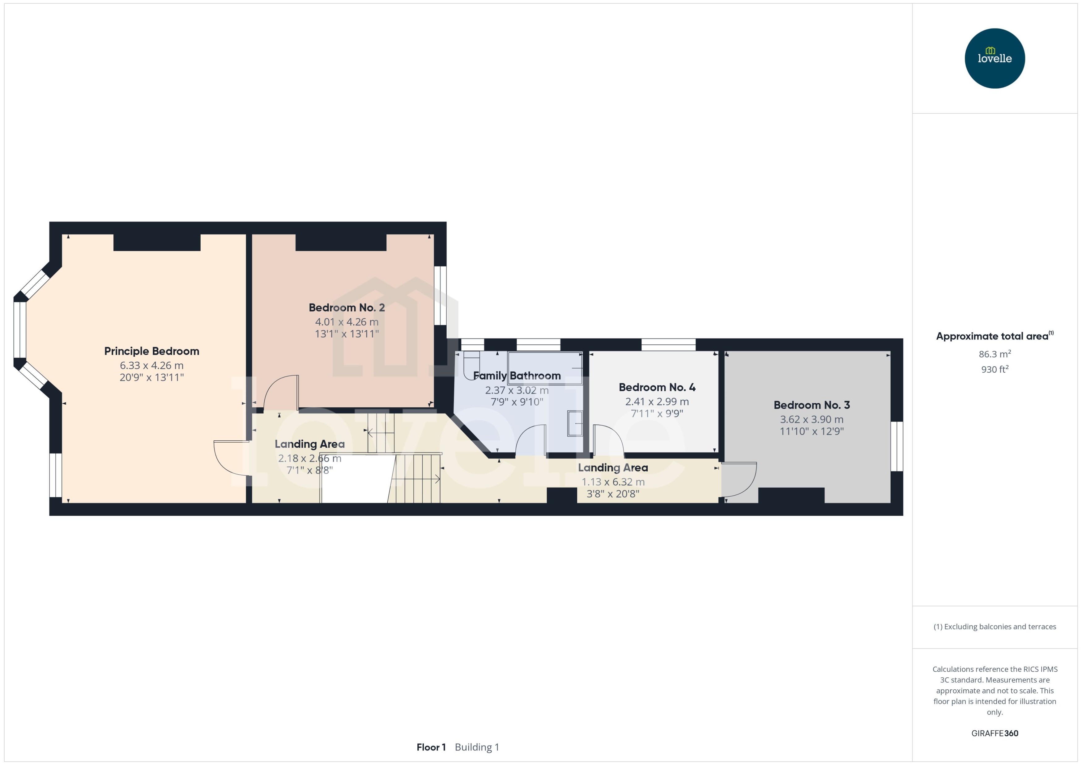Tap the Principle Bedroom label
tap(151, 351)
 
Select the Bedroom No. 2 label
tap(347, 308)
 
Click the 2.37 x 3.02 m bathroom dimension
tap(517, 390)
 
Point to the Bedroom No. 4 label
tap(657, 387)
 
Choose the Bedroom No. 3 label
tap(811, 405)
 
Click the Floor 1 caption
tap(431, 747)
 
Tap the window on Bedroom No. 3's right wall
tap(896, 446)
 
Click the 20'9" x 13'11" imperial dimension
tap(151, 377)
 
